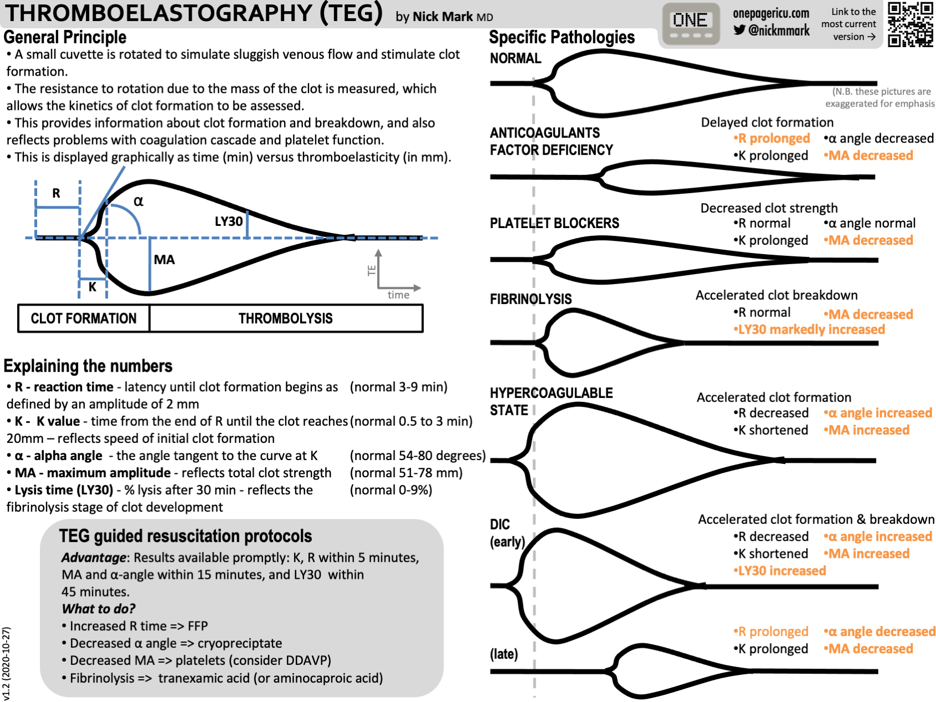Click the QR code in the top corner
[910, 24]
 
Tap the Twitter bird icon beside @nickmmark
[739, 30]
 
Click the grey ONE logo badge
[690, 24]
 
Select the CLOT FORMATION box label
[84, 319]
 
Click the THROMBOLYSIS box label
[285, 319]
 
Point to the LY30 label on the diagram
[229, 221]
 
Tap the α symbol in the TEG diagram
[138, 201]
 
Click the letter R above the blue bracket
[56, 193]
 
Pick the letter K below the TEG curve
[93, 287]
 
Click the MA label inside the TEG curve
[164, 260]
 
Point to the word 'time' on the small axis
[398, 295]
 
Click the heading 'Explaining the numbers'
[88, 366]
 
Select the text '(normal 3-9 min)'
[398, 387]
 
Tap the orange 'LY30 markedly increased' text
[809, 330]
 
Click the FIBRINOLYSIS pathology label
[530, 299]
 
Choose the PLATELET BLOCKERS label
[554, 223]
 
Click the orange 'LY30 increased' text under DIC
[780, 571]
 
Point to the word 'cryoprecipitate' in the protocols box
[240, 643]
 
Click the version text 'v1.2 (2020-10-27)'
[6, 663]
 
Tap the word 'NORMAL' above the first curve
[515, 58]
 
